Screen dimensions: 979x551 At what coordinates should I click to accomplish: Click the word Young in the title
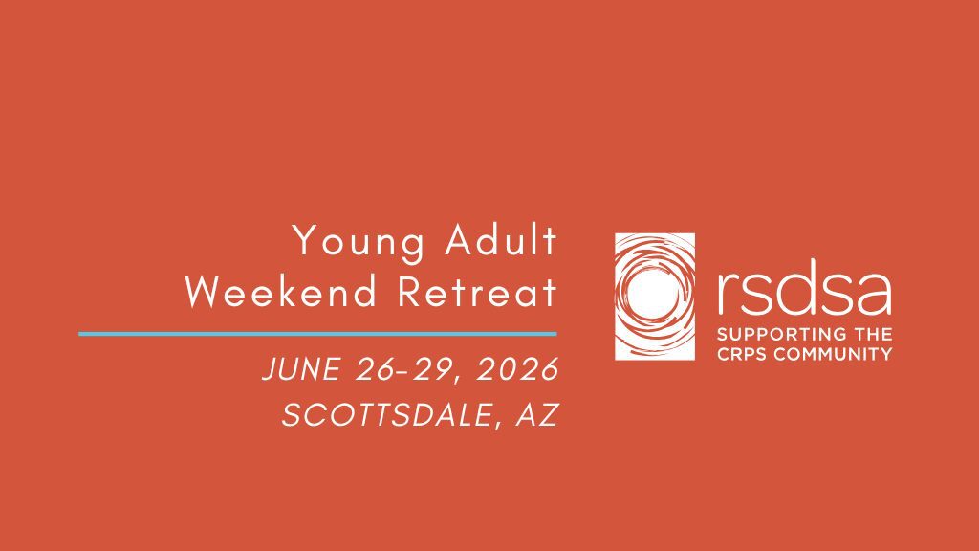click(359, 242)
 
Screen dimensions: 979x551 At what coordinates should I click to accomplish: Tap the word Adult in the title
click(500, 240)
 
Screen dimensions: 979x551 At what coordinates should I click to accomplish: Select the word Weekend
click(282, 291)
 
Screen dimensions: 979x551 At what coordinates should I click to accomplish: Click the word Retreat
click(477, 291)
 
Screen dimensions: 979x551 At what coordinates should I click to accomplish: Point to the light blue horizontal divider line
click(317, 334)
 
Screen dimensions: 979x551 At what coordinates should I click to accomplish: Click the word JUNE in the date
click(301, 368)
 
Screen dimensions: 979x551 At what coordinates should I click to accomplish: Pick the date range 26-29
click(404, 368)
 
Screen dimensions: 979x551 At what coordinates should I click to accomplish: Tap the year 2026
click(517, 368)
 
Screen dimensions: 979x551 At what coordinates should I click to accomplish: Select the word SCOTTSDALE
click(386, 415)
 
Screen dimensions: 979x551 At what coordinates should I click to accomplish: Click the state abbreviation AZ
click(537, 415)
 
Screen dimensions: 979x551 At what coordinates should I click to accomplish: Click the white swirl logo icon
click(655, 297)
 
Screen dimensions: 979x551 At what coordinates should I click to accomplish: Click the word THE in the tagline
click(871, 334)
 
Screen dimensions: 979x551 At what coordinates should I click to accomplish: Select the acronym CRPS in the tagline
click(742, 354)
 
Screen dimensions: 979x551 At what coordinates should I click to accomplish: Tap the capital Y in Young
click(305, 240)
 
